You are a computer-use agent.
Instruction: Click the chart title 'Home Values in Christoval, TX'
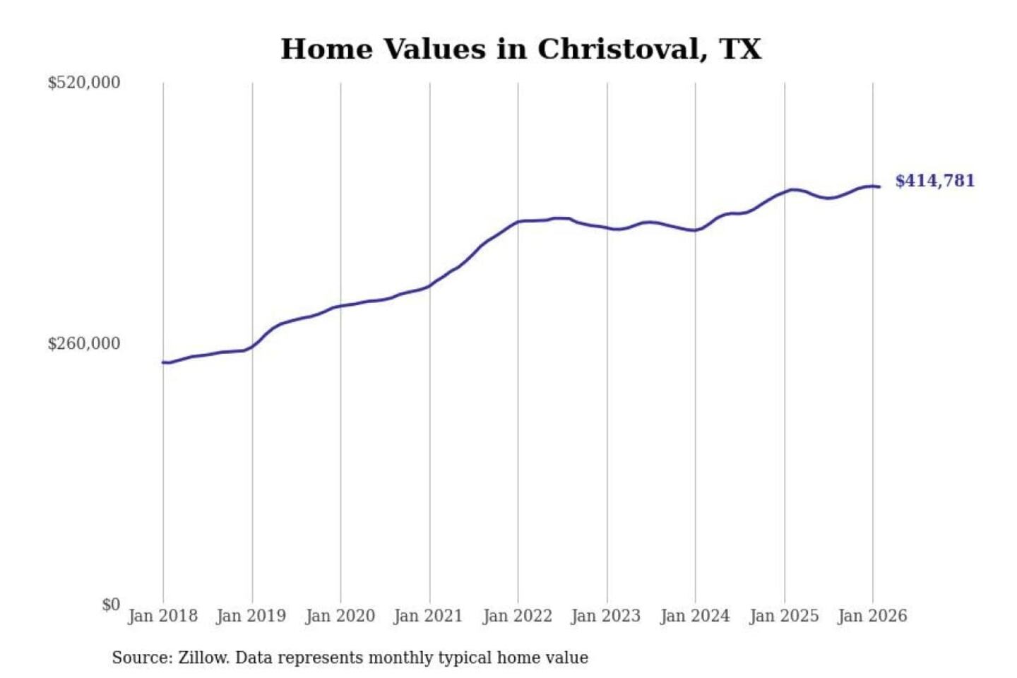[521, 49]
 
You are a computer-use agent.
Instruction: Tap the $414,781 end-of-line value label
[934, 181]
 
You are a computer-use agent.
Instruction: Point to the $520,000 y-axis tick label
[84, 83]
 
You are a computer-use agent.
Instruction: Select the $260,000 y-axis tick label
[84, 344]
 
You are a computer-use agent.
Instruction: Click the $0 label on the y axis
[111, 605]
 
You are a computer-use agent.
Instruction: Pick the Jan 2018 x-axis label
[162, 616]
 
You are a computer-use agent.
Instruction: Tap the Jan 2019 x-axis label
[251, 616]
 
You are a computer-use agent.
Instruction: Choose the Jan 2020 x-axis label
[340, 616]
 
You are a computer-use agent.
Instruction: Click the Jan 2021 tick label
[428, 616]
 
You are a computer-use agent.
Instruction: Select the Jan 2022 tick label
[517, 616]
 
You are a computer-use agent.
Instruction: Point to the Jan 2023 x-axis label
[606, 616]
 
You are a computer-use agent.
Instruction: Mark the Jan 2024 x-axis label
[695, 616]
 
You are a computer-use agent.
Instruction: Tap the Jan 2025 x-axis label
[784, 616]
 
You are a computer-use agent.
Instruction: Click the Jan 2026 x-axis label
[872, 616]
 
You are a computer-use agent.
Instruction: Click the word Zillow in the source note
[203, 658]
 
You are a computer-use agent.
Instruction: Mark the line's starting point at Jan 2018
[163, 362]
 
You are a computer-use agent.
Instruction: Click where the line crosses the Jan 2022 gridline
[518, 222]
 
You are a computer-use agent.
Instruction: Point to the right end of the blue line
[879, 186]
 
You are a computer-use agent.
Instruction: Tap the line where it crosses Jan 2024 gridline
[695, 230]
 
